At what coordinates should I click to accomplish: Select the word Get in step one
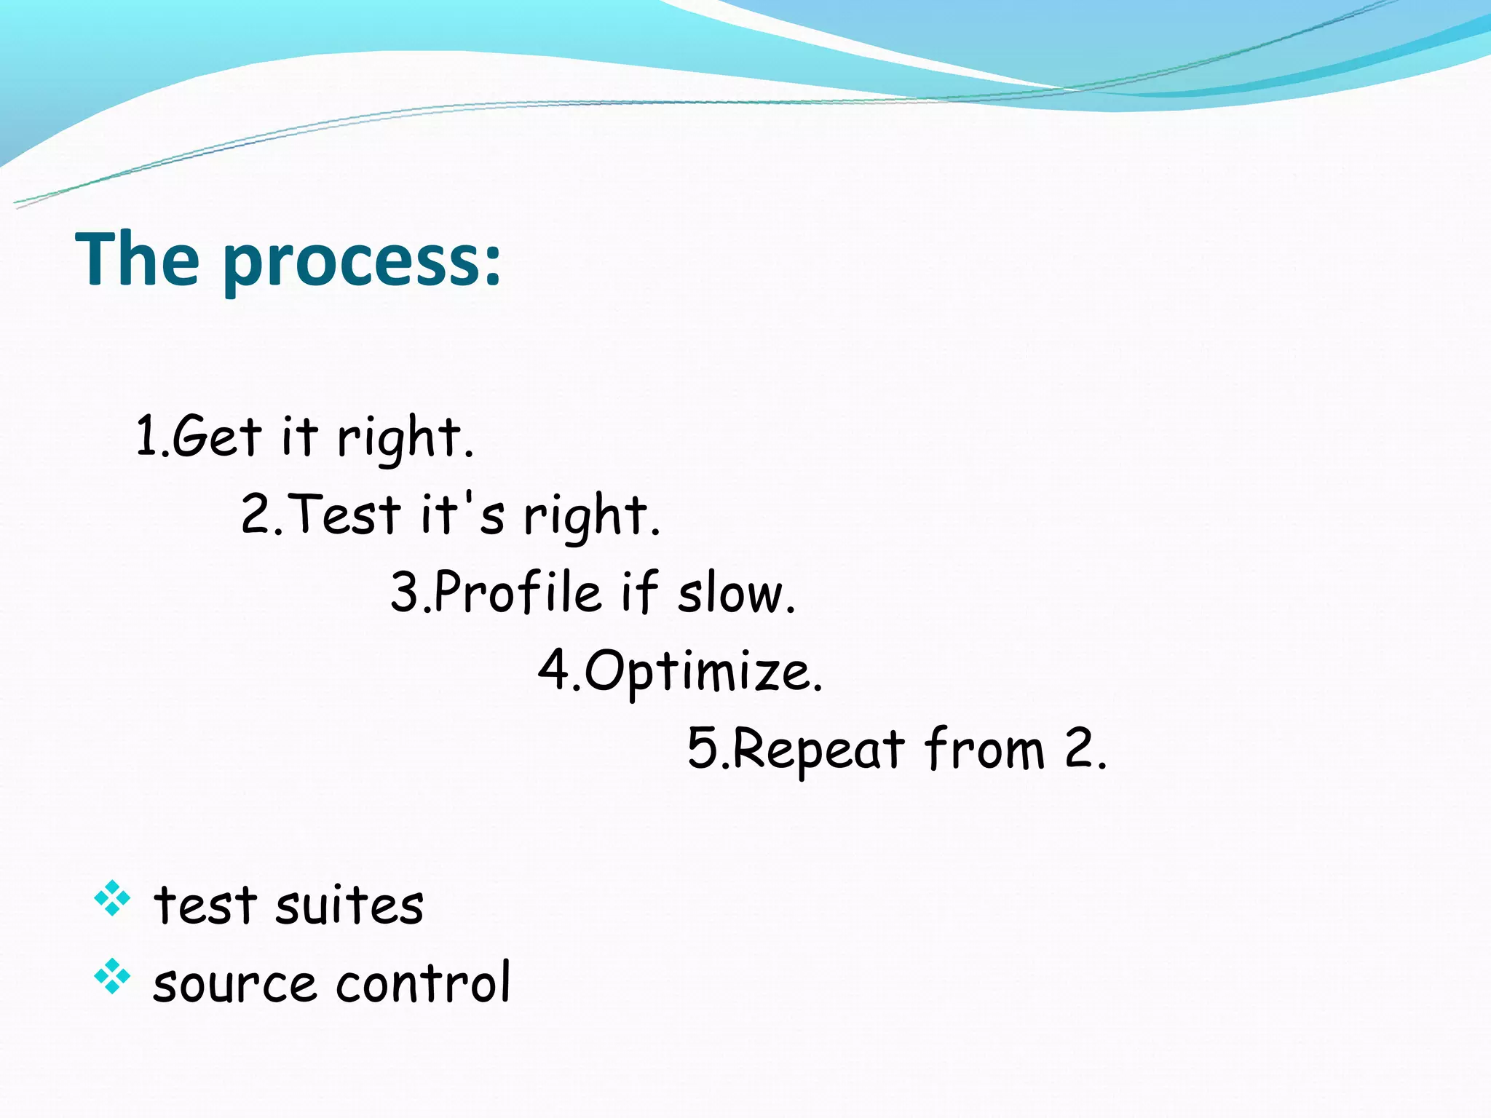(216, 436)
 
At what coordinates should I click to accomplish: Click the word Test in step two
(347, 514)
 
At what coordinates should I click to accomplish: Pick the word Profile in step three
(518, 591)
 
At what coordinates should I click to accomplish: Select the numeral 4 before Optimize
(554, 669)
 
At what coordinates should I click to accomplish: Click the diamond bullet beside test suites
(112, 898)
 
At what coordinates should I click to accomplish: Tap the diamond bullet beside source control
(112, 976)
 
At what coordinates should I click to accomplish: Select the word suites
(349, 905)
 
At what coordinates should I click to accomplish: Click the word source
(234, 984)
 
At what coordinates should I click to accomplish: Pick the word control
(423, 983)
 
